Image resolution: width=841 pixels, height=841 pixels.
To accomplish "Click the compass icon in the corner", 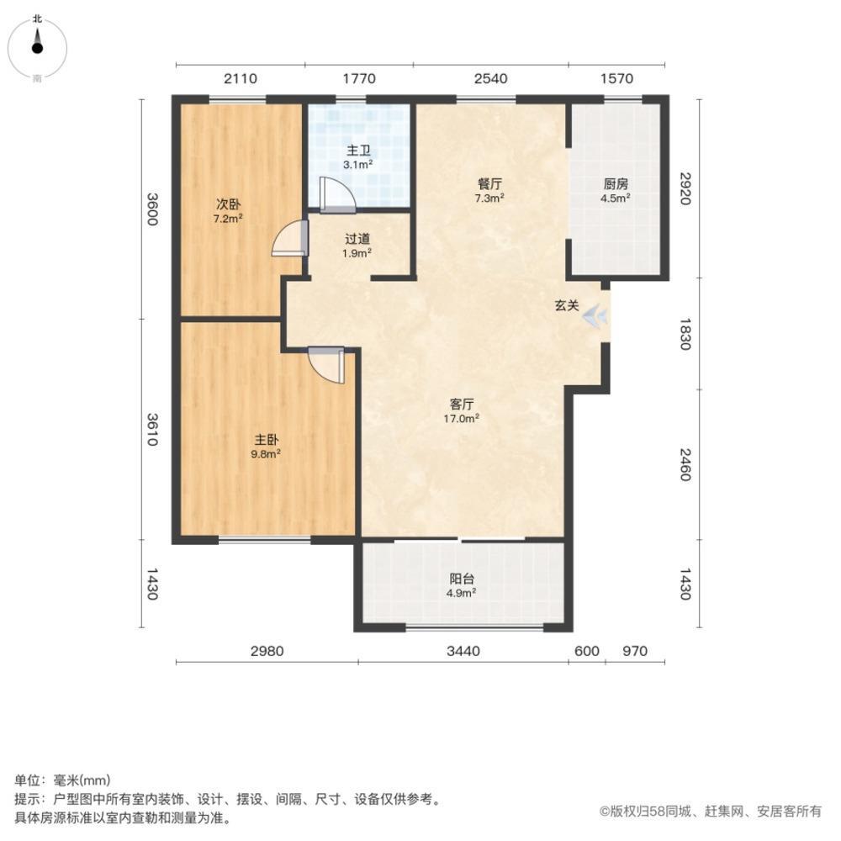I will click(38, 46).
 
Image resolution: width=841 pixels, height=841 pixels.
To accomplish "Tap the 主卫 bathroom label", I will click(360, 158).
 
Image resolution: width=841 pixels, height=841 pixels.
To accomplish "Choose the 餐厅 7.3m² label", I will click(490, 190).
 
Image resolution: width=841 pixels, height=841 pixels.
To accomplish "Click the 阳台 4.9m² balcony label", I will click(462, 585).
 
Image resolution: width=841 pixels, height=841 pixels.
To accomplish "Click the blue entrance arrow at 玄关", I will click(595, 315).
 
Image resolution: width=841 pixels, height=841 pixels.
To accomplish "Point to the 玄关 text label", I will click(565, 307).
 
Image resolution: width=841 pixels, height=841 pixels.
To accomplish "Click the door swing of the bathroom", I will click(336, 194).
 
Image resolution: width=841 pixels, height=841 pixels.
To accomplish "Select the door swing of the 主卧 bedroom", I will click(327, 365).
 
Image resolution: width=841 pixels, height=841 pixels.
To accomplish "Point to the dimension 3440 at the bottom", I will click(463, 650).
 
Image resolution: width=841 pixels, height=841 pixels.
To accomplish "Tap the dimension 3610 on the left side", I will click(151, 429).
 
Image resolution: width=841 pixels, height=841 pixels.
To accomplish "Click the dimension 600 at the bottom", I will click(587, 650).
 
